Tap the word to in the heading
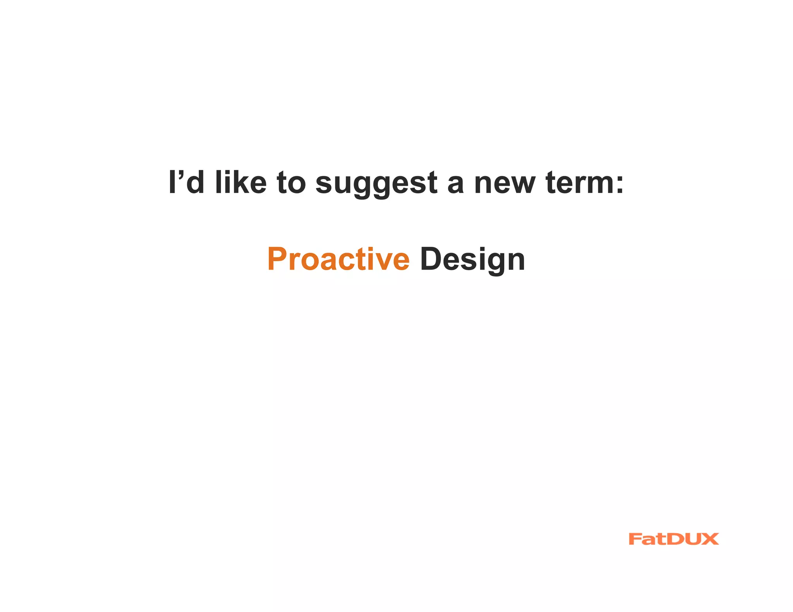pos(291,183)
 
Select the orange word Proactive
pos(338,259)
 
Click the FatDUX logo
pos(673,539)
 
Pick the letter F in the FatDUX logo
pos(635,539)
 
